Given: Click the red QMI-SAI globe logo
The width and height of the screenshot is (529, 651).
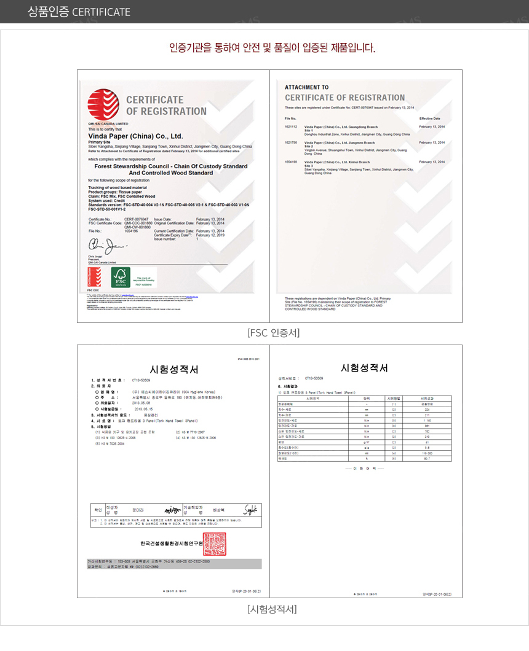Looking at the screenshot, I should click(x=103, y=104).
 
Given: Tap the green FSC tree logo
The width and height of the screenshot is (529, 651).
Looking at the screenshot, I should click(x=121, y=277).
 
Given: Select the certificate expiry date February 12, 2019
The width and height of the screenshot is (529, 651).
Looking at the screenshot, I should click(x=210, y=235).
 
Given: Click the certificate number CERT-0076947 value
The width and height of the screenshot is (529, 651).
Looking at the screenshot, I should click(x=137, y=219).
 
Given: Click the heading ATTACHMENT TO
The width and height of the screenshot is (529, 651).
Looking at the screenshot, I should click(x=307, y=88).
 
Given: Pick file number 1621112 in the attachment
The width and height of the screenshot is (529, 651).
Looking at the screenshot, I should click(x=291, y=127).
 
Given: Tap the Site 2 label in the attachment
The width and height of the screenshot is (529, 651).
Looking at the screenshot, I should click(x=309, y=146).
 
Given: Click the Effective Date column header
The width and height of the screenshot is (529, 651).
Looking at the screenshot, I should click(x=430, y=118).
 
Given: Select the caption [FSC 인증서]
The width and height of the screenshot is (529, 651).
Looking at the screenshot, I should click(x=273, y=333).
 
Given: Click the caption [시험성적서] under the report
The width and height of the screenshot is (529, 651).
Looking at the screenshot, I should click(x=272, y=609).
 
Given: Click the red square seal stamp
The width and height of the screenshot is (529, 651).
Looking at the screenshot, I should click(x=215, y=544).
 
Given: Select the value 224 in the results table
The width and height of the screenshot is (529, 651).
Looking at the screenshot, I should click(x=426, y=409).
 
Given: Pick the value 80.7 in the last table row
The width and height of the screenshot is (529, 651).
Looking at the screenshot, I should click(x=426, y=459).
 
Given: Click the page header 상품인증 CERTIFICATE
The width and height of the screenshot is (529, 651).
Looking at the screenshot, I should click(x=79, y=12).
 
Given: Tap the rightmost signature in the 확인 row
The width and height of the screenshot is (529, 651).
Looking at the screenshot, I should click(x=250, y=510).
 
